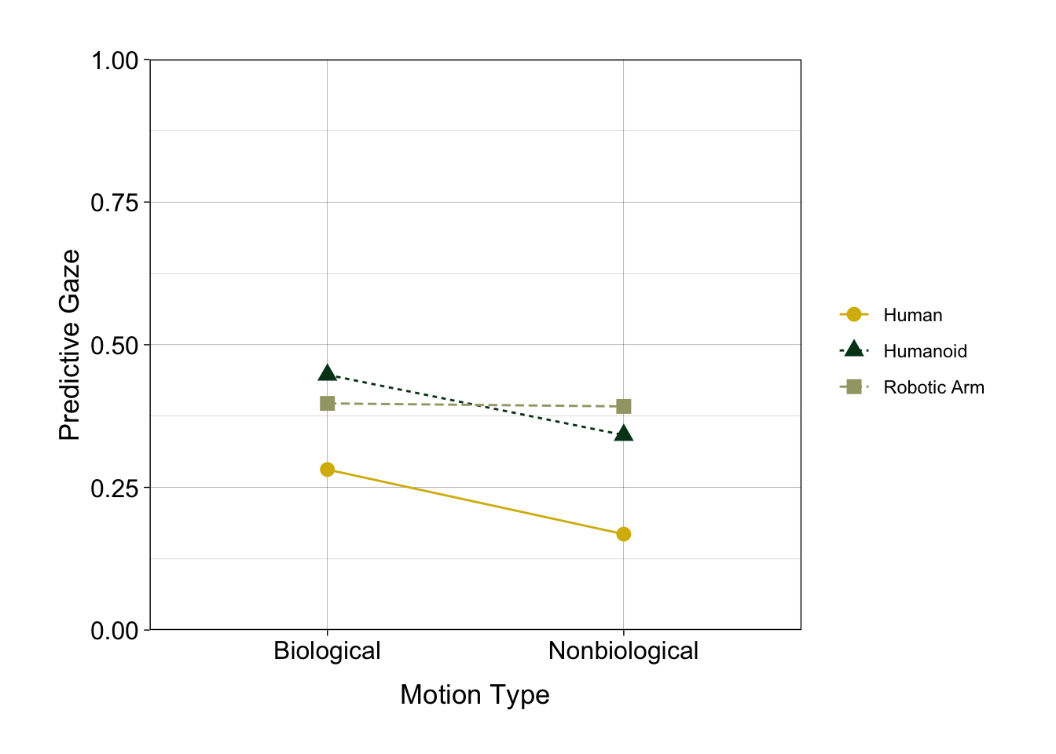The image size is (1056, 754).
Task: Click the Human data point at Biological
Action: pos(328,470)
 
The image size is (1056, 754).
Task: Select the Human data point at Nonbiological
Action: pos(623,534)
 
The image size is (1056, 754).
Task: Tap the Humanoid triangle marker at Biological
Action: pos(328,373)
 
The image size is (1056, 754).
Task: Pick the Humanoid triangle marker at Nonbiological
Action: pos(623,434)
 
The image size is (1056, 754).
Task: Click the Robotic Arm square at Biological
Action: pos(328,403)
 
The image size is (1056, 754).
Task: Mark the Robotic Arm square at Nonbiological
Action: pos(623,406)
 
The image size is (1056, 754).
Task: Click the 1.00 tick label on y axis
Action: pos(115,60)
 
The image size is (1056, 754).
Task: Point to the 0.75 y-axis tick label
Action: pos(115,203)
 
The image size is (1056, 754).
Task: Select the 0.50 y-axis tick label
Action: pos(115,346)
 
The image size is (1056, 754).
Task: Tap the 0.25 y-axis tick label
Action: pos(115,488)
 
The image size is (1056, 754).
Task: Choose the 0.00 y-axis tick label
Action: pos(115,631)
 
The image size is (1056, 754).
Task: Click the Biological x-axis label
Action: pos(327,651)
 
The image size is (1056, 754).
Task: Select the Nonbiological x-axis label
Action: pos(623,651)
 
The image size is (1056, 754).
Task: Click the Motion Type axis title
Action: pos(475,695)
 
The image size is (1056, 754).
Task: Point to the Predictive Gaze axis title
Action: pos(70,345)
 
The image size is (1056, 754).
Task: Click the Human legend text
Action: pos(912,315)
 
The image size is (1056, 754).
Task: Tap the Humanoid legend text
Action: pos(925,351)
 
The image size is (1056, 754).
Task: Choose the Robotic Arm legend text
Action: pos(933,387)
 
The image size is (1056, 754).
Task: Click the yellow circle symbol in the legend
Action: pos(854,314)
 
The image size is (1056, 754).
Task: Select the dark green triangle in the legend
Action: pos(854,350)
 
